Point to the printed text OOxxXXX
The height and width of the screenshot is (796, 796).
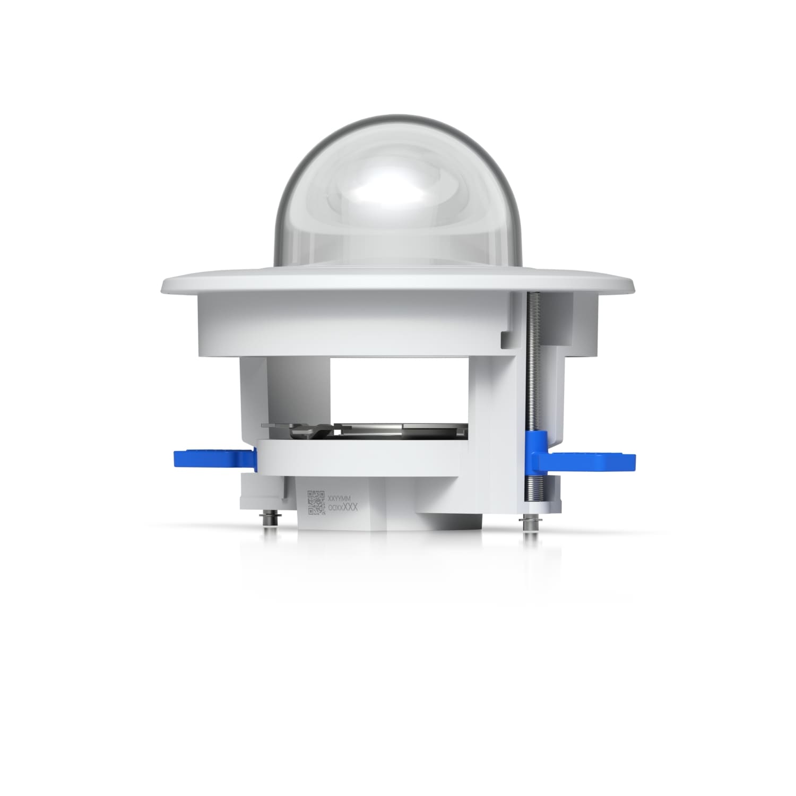click(x=343, y=508)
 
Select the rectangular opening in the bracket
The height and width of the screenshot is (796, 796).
click(x=398, y=387)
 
